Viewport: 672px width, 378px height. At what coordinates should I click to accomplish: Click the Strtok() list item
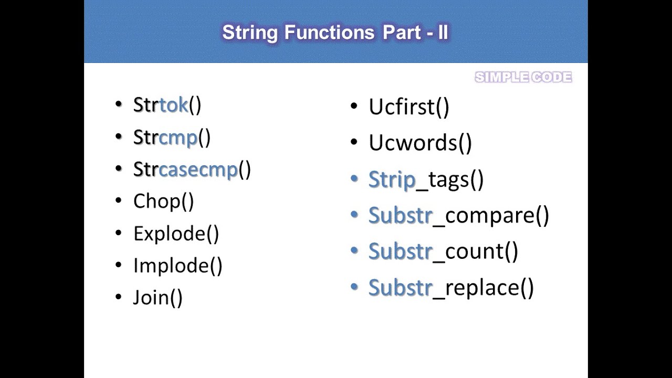[x=167, y=105]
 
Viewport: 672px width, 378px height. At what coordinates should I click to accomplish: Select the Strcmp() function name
[x=172, y=138]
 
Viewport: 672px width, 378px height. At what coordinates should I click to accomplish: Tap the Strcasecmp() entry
[x=192, y=170]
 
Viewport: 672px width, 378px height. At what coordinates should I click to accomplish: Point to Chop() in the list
[x=163, y=201]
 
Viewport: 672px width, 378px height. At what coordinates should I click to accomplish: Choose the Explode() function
[x=176, y=234]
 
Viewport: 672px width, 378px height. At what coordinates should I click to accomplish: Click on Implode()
[x=177, y=266]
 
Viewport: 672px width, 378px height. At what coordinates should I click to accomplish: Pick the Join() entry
[x=157, y=298]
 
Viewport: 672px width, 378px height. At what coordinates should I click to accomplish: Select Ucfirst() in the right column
[x=408, y=107]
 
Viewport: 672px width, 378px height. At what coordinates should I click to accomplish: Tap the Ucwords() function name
[x=420, y=143]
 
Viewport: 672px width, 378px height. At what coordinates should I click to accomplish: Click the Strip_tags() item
[x=426, y=180]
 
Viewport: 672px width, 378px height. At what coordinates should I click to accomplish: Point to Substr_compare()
[x=458, y=216]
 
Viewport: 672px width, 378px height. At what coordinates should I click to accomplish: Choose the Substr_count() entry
[x=443, y=251]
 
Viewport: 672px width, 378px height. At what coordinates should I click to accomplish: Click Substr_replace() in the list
[x=451, y=288]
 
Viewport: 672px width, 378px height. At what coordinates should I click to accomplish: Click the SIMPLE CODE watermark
[x=523, y=78]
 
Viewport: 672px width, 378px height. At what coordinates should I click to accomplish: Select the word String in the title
[x=250, y=33]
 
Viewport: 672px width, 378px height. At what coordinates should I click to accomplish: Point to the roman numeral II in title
[x=443, y=33]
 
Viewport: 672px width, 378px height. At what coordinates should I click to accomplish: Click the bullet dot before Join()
[x=118, y=297]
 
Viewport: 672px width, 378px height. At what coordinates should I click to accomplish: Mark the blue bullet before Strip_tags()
[x=354, y=179]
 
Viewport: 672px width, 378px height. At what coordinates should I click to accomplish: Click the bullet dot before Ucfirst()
[x=354, y=107]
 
